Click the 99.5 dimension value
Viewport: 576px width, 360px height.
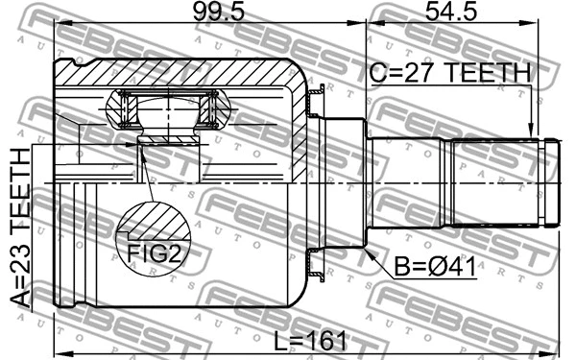[x=208, y=16]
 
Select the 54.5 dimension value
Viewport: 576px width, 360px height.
[x=450, y=16]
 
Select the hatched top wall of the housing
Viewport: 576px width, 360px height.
[x=173, y=72]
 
